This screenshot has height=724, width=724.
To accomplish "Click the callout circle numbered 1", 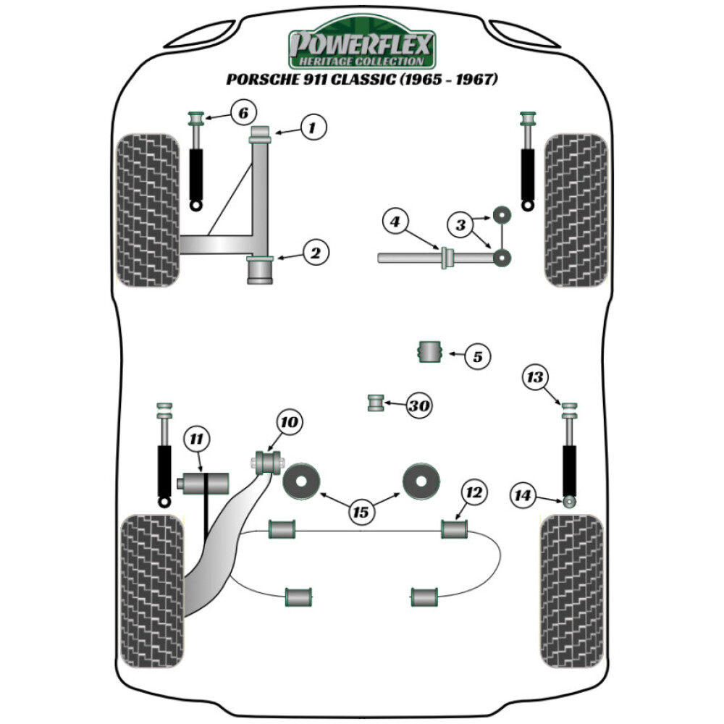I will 313,129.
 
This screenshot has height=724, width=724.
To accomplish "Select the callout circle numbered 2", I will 316,253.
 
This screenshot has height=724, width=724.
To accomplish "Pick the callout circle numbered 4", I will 395,222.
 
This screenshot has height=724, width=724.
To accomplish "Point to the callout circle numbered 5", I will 477,355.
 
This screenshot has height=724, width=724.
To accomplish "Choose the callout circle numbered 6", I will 243,113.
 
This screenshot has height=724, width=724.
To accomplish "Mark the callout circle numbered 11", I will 196,438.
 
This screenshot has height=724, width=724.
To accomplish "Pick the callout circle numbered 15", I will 360,513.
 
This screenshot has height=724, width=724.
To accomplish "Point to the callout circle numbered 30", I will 418,407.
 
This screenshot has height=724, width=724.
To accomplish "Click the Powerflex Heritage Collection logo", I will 361,47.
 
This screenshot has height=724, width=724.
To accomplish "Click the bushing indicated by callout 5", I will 430,352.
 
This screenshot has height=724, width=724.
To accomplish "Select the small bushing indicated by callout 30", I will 376,402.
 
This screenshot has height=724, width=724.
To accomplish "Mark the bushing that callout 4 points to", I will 447,257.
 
